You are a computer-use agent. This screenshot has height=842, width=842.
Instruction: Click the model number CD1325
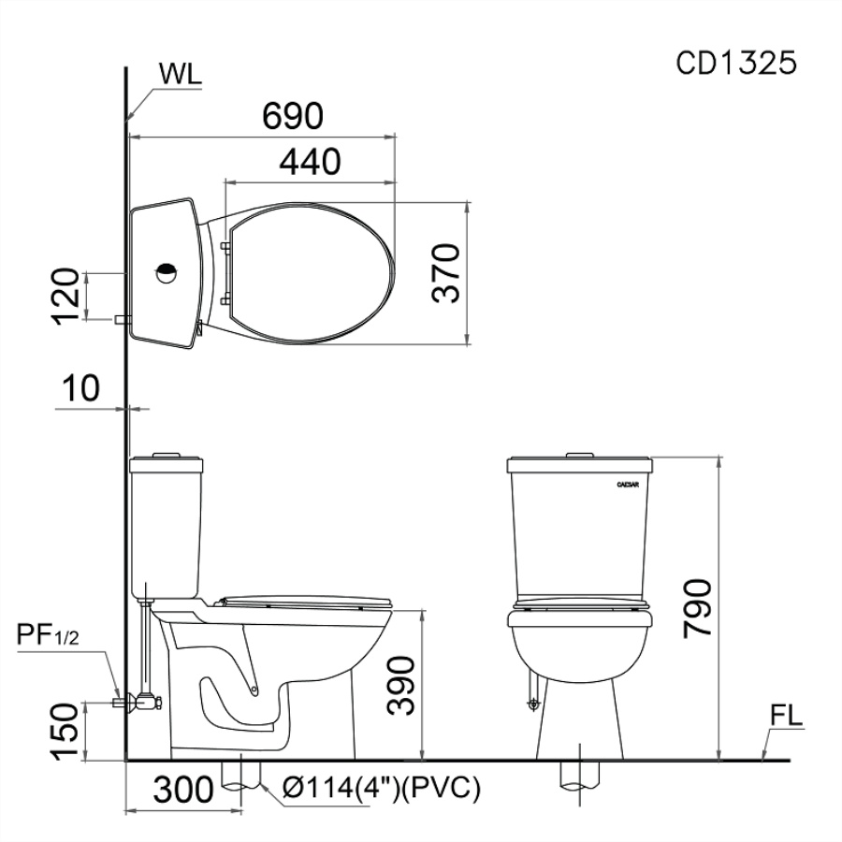(x=735, y=64)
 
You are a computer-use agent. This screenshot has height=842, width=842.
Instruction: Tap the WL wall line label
(x=180, y=75)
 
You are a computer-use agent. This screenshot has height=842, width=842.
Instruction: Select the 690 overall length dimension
(x=293, y=115)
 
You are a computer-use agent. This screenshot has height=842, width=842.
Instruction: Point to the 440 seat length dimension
(x=310, y=161)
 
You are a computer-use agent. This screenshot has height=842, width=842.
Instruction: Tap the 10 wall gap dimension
(x=81, y=388)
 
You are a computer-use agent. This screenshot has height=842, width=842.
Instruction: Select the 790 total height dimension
(x=697, y=608)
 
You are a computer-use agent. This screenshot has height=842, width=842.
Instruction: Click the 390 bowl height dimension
(x=401, y=685)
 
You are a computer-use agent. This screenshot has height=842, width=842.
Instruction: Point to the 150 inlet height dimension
(x=65, y=732)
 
